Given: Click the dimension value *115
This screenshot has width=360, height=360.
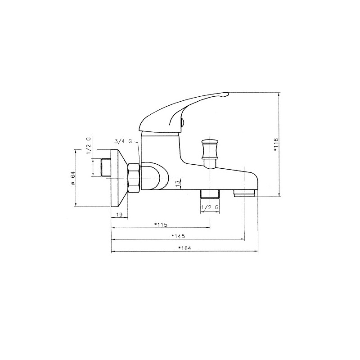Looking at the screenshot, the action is pos(161,225).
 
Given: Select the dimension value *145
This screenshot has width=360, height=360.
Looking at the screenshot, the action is pos(178,236).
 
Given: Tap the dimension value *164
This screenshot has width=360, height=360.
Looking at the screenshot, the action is pos(184,248).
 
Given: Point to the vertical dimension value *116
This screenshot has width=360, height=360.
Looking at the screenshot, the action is pos(276,144).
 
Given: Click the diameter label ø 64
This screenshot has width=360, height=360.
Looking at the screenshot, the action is pos(72,178).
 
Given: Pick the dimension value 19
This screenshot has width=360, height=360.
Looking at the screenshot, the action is pos(119,215).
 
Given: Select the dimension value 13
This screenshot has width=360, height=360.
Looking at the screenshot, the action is pos(177,184).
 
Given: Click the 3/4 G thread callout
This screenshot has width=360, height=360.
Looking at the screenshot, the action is pos(124,141).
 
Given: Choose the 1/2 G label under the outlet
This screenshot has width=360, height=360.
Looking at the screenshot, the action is pos(210,207).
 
